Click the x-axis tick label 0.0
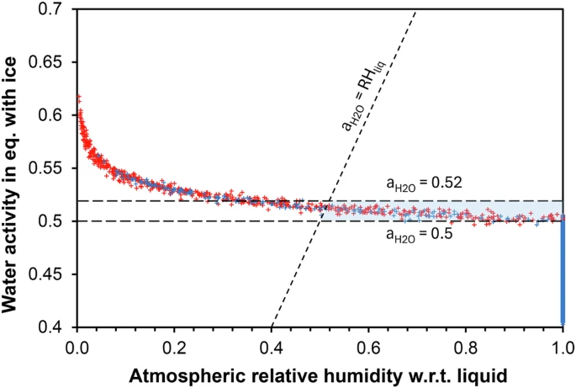(x=77, y=344)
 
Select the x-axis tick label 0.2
(x=174, y=344)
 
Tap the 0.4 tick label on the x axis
(x=272, y=344)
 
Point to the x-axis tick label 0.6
(x=368, y=344)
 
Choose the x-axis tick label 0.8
(x=466, y=344)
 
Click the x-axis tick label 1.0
(x=562, y=344)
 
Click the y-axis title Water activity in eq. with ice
(x=16, y=168)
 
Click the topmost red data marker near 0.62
(x=79, y=98)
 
